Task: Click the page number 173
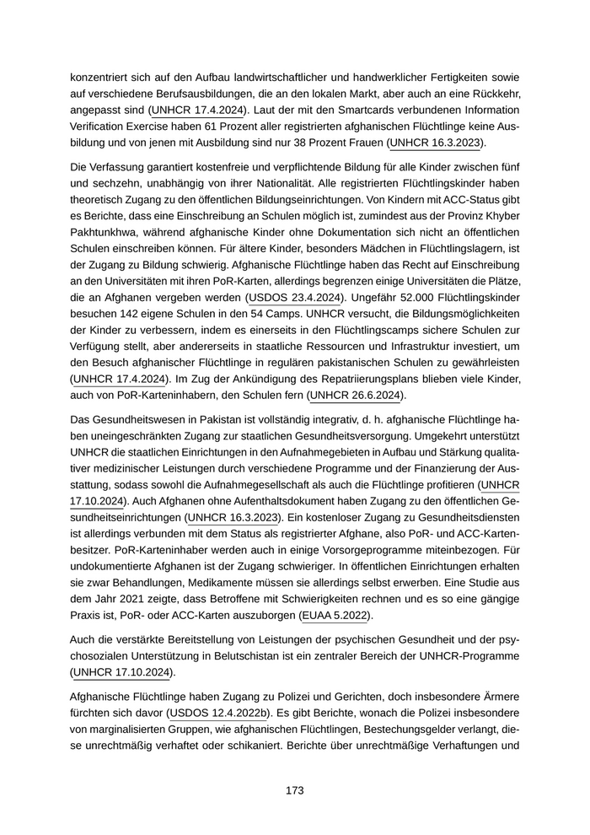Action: click(x=294, y=790)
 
